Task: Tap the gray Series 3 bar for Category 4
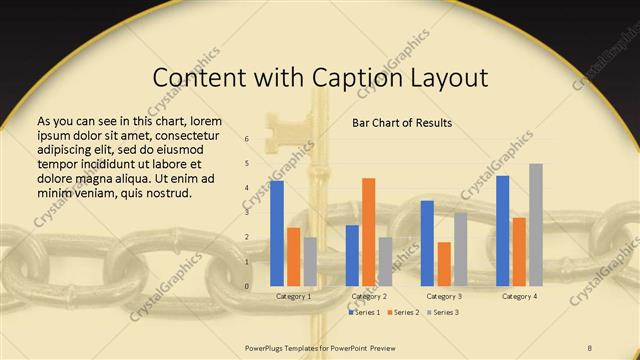(x=536, y=225)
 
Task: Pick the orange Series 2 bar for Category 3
(x=444, y=264)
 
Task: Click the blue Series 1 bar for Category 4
(x=502, y=231)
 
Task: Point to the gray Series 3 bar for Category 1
(x=310, y=262)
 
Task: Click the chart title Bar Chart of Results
(x=401, y=123)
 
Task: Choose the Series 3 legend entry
(x=444, y=312)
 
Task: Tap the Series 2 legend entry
(x=405, y=312)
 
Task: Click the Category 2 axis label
(x=369, y=297)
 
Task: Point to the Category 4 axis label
(x=519, y=297)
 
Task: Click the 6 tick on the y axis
(x=247, y=139)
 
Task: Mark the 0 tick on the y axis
(x=247, y=286)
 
